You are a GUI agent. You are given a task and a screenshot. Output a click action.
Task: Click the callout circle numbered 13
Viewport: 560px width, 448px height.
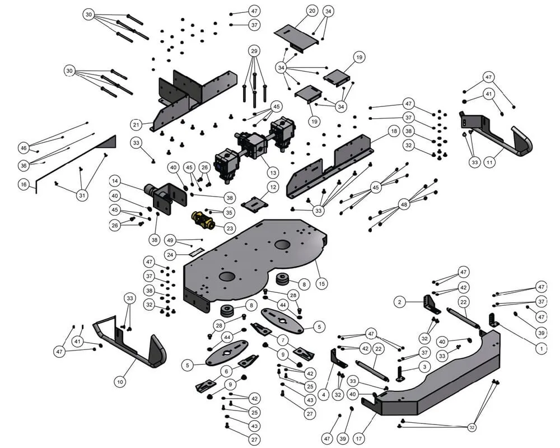pos(273,172)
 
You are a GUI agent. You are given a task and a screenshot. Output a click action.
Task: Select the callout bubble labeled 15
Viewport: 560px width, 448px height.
pos(321,284)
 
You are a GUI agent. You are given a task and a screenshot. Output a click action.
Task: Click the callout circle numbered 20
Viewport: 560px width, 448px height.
pos(312,11)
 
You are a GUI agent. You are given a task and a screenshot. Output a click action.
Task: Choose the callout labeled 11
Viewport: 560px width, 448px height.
pos(489,162)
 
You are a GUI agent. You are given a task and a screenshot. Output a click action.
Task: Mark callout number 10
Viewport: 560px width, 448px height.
pos(120,382)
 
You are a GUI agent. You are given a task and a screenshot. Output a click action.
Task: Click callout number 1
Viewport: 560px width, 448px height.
pos(541,348)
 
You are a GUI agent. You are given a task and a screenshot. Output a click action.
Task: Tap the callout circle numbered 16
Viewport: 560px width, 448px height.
pos(23,184)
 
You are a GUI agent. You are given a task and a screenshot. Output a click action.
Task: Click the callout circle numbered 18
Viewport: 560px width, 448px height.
pos(394,131)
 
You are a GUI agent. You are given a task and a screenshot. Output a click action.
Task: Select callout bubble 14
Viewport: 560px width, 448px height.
pos(115,181)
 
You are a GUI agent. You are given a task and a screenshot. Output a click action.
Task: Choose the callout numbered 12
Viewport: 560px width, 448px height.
pos(273,186)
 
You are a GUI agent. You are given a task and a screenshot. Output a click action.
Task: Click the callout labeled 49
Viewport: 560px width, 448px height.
pos(171,241)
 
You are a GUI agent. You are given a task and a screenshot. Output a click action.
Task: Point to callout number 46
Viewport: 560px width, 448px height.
pos(23,148)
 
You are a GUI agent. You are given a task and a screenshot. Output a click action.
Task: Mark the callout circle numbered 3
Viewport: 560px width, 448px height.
pos(424,366)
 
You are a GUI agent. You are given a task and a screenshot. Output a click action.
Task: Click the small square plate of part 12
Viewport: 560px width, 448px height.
pos(253,204)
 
